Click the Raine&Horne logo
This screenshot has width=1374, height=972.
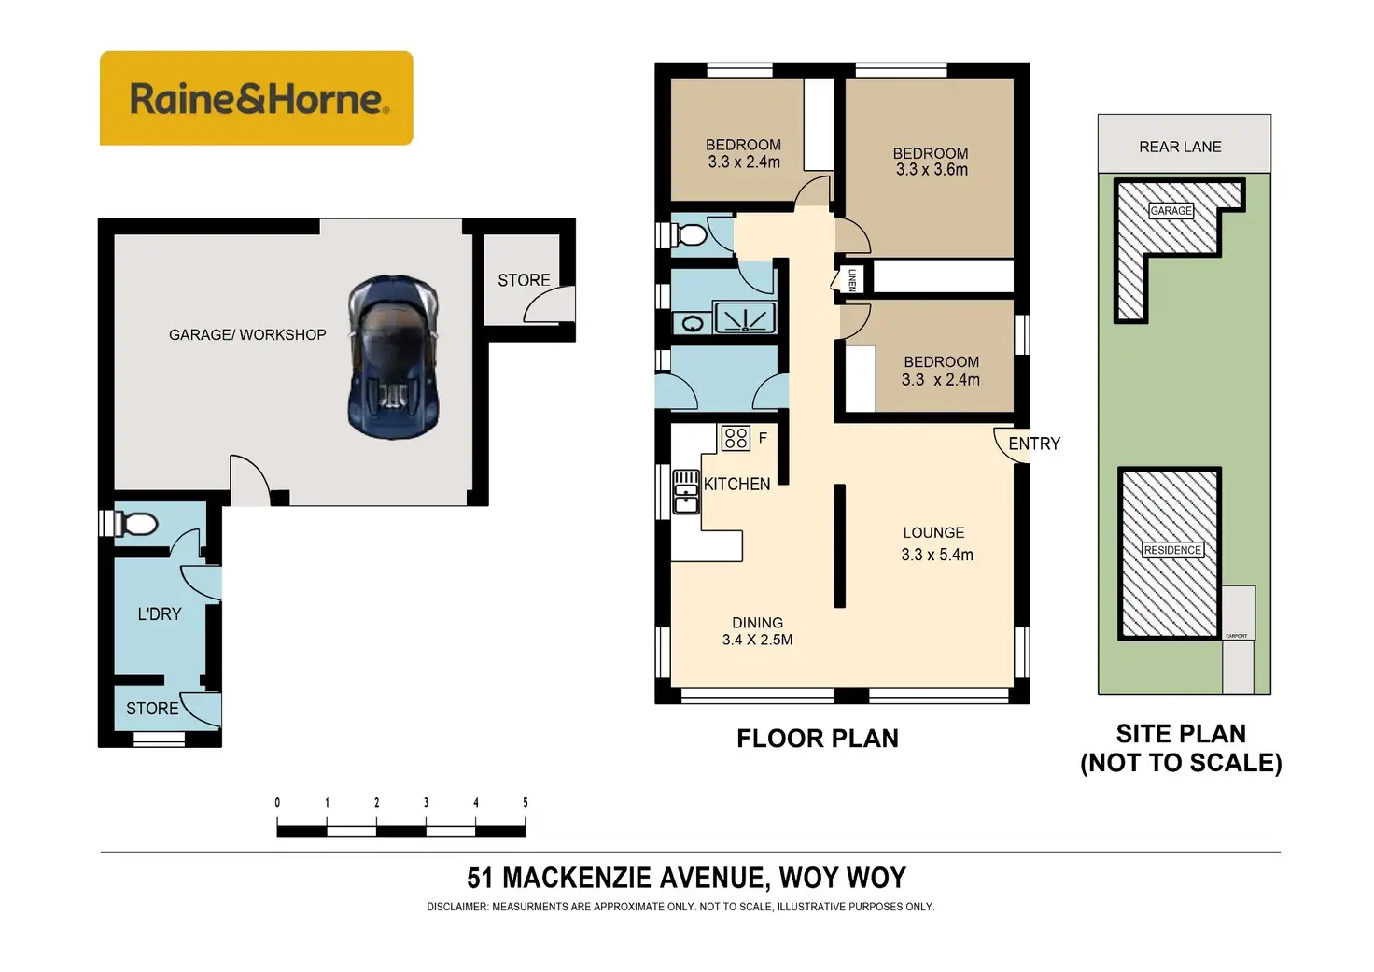point(256,98)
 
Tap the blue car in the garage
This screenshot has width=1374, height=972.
point(393,357)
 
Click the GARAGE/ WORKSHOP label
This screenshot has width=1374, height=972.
point(247,334)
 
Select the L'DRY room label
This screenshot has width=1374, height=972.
point(160,613)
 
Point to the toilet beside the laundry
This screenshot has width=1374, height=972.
point(137,524)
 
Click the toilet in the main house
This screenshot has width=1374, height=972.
point(690,233)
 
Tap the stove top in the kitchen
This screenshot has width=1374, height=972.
point(736,437)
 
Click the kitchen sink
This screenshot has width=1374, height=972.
point(686,492)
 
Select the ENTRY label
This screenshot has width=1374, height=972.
point(1034,444)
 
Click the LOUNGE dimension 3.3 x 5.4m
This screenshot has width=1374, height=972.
point(937,555)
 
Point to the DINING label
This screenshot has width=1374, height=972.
point(757,623)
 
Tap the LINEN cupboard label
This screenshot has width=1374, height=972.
point(851,280)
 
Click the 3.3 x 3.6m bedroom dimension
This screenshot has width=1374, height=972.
point(932,170)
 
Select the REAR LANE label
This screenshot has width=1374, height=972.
point(1180,147)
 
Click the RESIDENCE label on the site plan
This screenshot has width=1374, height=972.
point(1172,550)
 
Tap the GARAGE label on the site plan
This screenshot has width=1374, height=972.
point(1171,210)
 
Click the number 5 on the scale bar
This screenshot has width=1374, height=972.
point(526,802)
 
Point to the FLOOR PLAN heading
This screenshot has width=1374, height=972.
point(817,739)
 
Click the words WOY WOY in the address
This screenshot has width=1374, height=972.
point(842,878)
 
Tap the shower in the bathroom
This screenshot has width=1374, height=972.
point(745,317)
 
